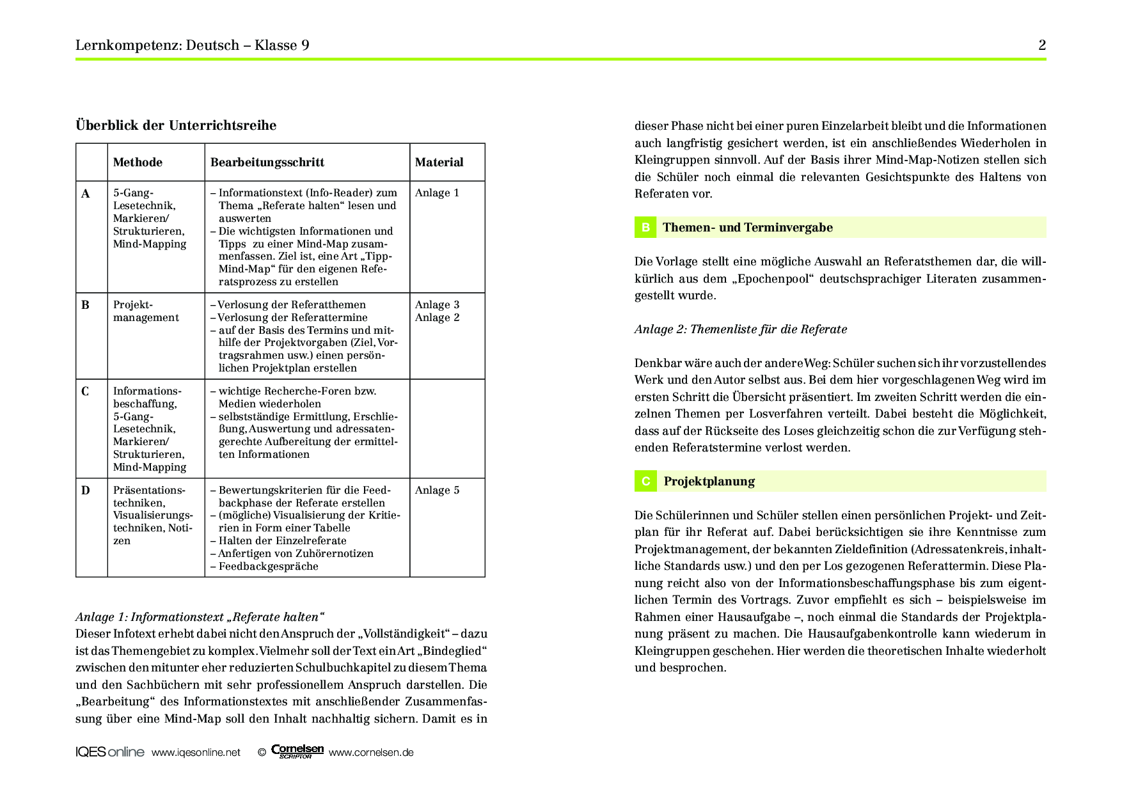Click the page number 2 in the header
coord(1041,45)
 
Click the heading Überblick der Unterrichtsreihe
coord(176,125)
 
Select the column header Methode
coord(138,162)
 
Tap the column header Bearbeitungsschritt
coord(267,162)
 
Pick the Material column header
coord(439,162)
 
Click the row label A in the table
coord(86,193)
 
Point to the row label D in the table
coord(86,491)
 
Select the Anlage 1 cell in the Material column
coord(437,193)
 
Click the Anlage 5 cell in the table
coord(437,491)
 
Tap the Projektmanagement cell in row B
coord(146,311)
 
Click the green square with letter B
coord(645,228)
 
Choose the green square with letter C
coord(645,482)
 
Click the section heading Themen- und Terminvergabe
coord(747,228)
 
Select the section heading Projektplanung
coord(709,482)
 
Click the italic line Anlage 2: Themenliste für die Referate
coord(740,329)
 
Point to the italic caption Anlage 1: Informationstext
coord(200,617)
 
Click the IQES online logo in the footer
coord(110,752)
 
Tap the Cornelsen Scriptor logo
coord(297,751)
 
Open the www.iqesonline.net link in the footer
coord(196,753)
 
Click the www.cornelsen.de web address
coord(371,753)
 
